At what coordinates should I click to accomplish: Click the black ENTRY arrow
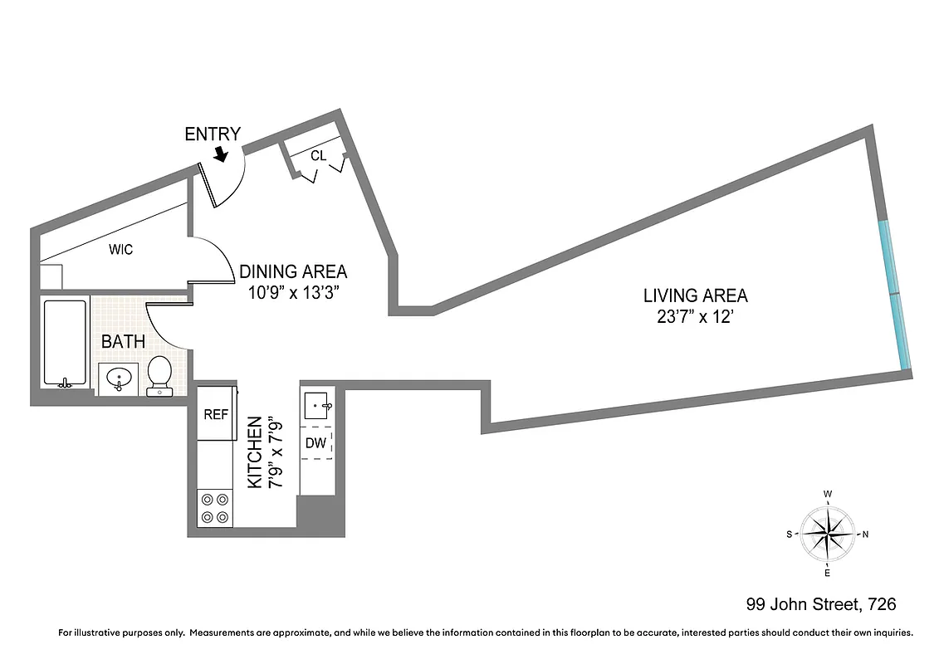221,154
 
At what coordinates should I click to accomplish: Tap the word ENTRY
213,134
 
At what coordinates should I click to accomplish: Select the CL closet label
318,155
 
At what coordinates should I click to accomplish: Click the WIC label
120,249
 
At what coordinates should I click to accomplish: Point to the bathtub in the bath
65,343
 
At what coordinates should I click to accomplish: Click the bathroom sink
120,379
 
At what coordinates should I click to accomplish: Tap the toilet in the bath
159,375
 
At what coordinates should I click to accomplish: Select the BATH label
123,341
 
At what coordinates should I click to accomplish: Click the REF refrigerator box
216,415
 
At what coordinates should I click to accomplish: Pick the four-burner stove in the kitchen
215,507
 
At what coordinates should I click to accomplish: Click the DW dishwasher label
315,442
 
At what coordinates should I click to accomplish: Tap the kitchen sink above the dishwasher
316,406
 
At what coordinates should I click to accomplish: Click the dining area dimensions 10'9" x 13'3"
293,292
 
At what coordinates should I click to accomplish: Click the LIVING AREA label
695,295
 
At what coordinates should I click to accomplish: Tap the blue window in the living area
897,295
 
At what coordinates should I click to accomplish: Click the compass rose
828,534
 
